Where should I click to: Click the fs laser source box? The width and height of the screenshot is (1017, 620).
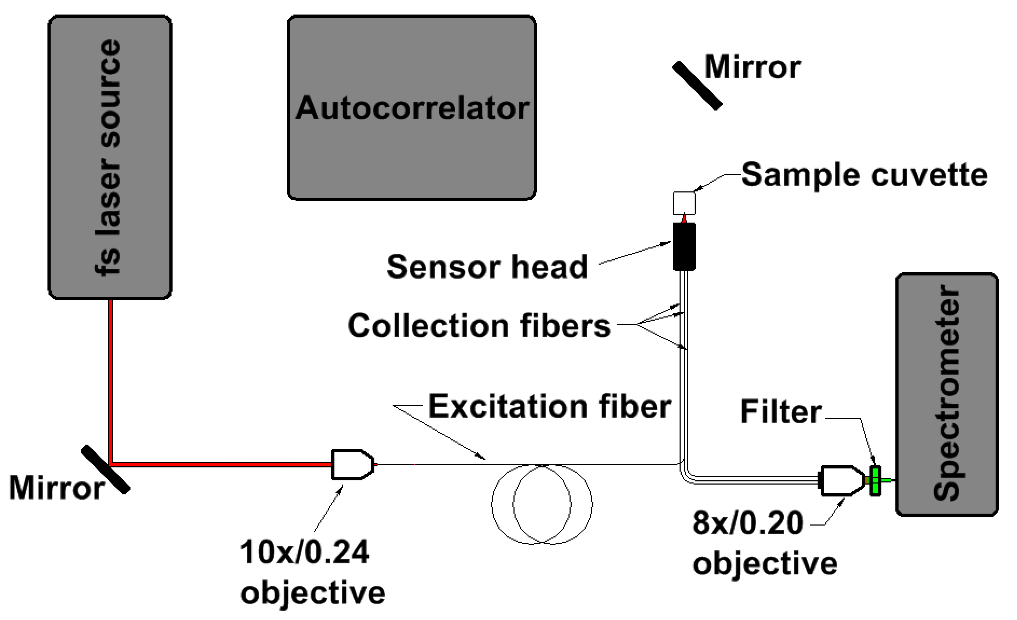click(110, 157)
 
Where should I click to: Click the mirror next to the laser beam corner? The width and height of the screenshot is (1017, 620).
click(106, 469)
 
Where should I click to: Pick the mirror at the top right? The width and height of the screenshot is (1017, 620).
click(697, 86)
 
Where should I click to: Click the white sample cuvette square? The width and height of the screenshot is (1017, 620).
click(684, 203)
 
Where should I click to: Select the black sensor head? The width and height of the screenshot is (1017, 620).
click(684, 246)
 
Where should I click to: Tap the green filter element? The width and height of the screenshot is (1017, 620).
click(875, 481)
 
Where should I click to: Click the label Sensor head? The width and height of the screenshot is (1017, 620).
click(487, 266)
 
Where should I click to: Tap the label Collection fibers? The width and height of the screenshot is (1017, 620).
click(479, 325)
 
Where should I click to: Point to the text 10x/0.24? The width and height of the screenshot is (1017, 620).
click(304, 552)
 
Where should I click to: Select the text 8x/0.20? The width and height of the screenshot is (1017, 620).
click(747, 523)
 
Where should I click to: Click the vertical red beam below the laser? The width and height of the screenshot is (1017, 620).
click(111, 380)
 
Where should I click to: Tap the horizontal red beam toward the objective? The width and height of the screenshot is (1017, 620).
click(220, 464)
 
